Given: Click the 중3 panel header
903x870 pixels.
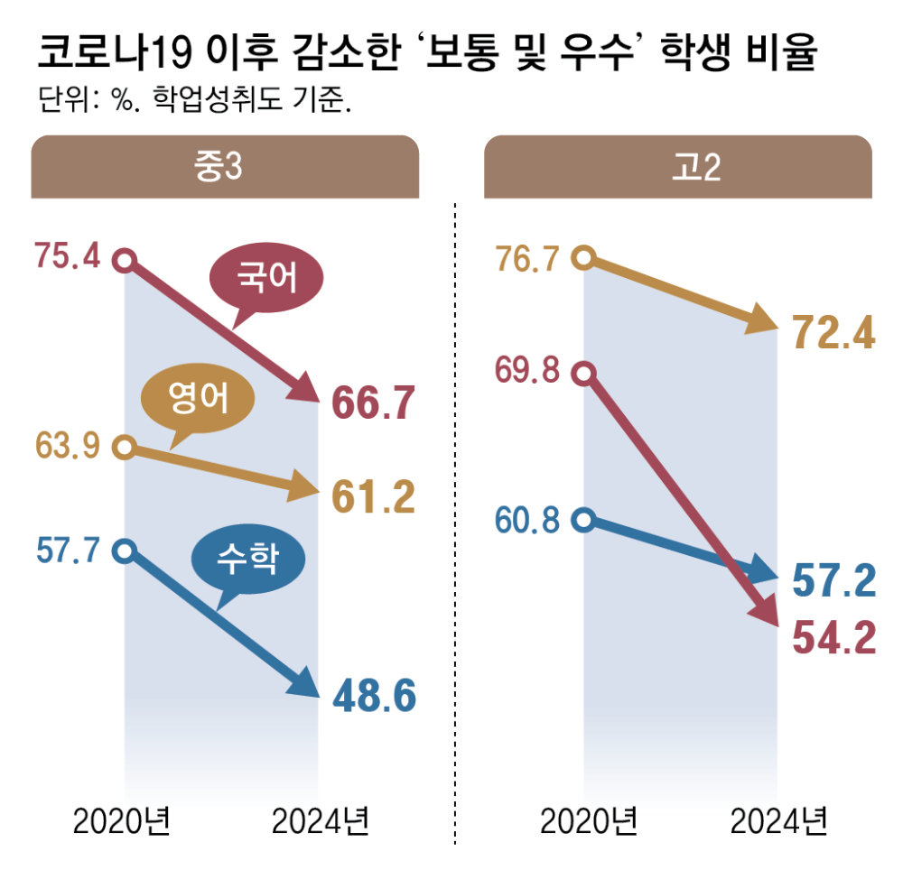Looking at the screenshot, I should coord(225,167).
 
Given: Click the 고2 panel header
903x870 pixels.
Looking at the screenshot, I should coord(677,167).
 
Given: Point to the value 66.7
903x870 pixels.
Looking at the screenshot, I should coord(372,403).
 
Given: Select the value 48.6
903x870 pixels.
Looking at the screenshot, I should coord(372,696).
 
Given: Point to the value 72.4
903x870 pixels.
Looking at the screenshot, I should coord(833,335).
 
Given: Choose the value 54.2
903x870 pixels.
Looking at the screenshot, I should coord(833,638).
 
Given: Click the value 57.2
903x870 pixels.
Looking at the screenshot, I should coord(833,583).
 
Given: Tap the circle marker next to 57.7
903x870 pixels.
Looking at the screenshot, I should coord(126,550).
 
